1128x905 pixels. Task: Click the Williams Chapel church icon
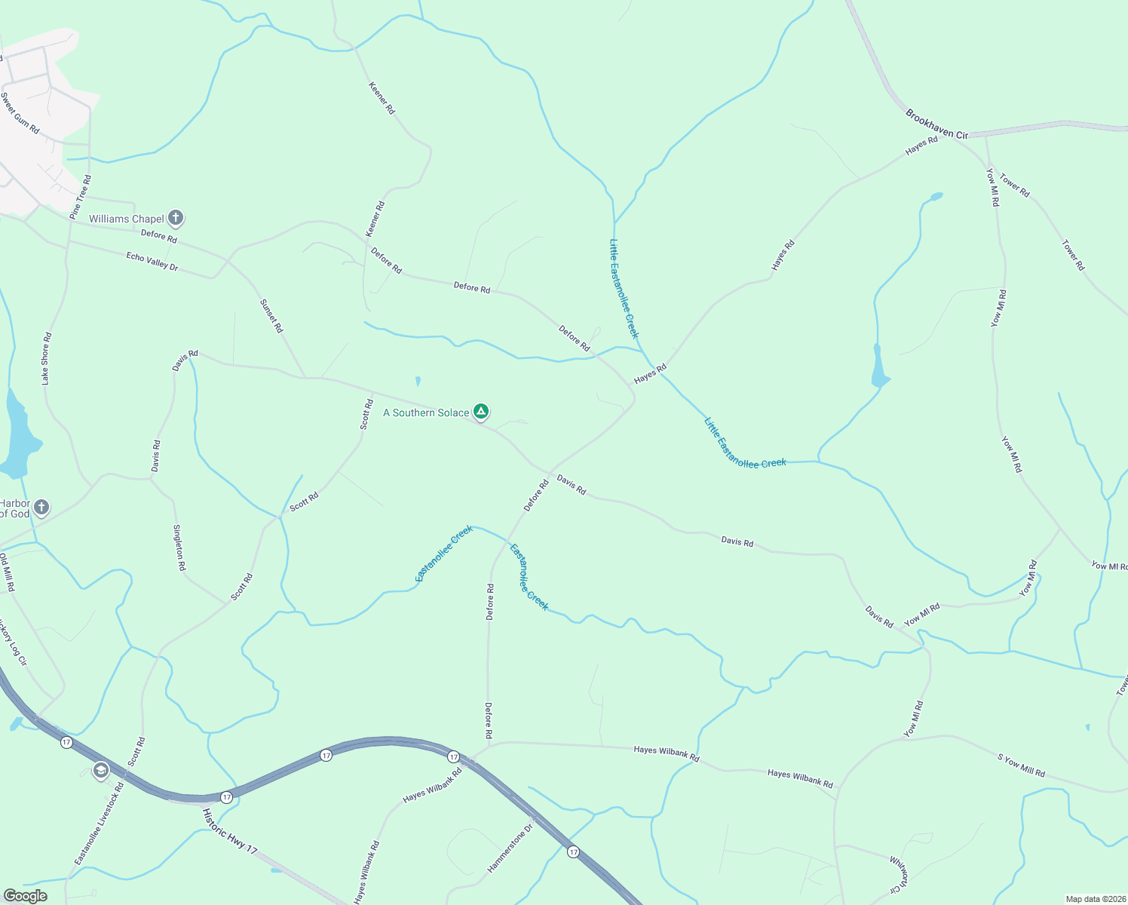pyautogui.click(x=176, y=219)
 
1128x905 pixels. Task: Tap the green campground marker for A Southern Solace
pyautogui.click(x=481, y=412)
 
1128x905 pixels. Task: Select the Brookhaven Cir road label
pyautogui.click(x=936, y=124)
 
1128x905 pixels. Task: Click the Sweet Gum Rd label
pyautogui.click(x=20, y=113)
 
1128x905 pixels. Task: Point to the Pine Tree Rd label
pyautogui.click(x=81, y=198)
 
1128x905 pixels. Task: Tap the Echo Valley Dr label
pyautogui.click(x=152, y=262)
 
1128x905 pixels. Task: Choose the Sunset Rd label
pyautogui.click(x=271, y=316)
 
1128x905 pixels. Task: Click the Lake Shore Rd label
pyautogui.click(x=47, y=358)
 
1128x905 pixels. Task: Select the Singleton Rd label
pyautogui.click(x=179, y=548)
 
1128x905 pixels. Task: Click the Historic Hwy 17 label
pyautogui.click(x=229, y=831)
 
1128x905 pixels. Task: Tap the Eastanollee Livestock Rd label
pyautogui.click(x=99, y=824)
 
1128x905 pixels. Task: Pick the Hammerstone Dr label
pyautogui.click(x=510, y=848)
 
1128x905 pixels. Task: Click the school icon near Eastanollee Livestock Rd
pyautogui.click(x=100, y=771)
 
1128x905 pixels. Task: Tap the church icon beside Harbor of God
pyautogui.click(x=41, y=508)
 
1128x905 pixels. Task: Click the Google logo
pyautogui.click(x=25, y=896)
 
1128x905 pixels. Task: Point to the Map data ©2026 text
pyautogui.click(x=1095, y=899)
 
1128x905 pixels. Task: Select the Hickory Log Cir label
pyautogui.click(x=13, y=642)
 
